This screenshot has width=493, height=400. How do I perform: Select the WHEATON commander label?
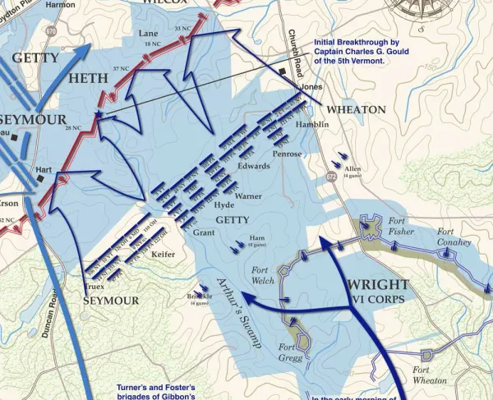356,109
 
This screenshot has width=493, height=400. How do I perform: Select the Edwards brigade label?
253,166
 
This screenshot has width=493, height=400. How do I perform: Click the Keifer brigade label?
164,255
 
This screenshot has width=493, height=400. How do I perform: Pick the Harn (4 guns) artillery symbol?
240,241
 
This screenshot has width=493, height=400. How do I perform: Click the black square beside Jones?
283,73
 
